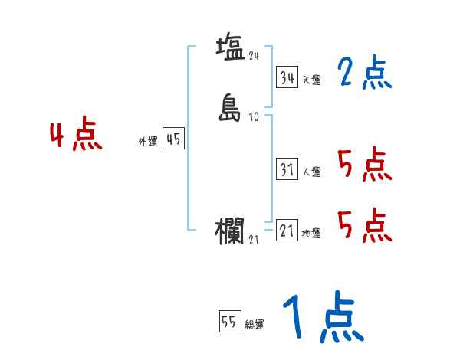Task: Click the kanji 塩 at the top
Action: coord(230,47)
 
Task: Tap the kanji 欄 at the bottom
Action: coord(230,231)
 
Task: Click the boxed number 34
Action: coord(287,77)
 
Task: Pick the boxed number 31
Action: coord(287,170)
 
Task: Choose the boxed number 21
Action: coord(287,231)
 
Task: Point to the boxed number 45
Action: coord(173,139)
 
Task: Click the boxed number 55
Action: coord(228,322)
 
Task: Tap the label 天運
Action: coord(312,80)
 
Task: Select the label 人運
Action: coord(312,172)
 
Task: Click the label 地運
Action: coord(312,233)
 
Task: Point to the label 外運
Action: coord(148,142)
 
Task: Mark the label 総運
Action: coord(255,325)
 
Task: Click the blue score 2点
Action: coord(364,74)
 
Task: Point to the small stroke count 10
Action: coord(255,117)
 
